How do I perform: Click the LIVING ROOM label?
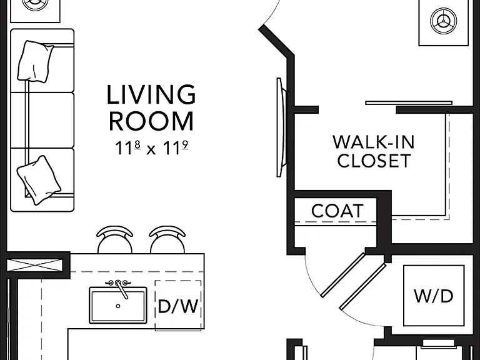click(x=151, y=108)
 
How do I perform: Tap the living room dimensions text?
click(x=151, y=148)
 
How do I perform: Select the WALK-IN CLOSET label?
click(x=374, y=151)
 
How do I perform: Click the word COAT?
click(x=337, y=211)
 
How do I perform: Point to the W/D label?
click(x=434, y=296)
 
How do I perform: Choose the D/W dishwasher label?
click(x=178, y=306)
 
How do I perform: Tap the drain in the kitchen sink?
click(x=118, y=306)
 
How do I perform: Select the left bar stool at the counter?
click(x=115, y=240)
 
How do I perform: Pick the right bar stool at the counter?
click(x=167, y=240)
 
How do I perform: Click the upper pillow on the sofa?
click(x=36, y=61)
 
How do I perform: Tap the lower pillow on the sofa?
click(x=39, y=180)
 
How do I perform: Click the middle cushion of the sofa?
click(x=42, y=120)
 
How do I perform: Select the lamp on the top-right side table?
click(x=443, y=21)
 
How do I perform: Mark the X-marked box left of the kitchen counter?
click(x=34, y=264)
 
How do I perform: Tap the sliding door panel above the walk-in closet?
click(x=409, y=103)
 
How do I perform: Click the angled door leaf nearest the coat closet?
click(x=343, y=274)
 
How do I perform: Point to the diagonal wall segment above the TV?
click(x=277, y=41)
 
